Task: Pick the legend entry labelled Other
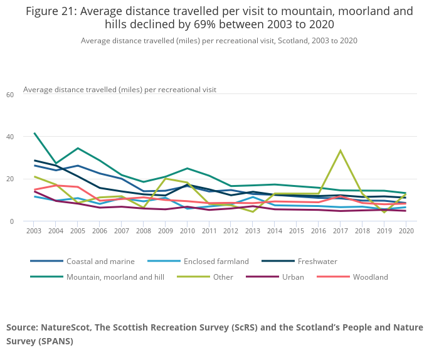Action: coord(223,277)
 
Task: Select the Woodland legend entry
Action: coord(369,277)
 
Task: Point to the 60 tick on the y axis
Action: coord(9,95)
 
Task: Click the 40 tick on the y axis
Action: coord(9,136)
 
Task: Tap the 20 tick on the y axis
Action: coord(9,179)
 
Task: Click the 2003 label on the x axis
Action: coord(34,231)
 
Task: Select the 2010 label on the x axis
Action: coord(188,231)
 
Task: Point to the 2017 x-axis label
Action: coord(341,231)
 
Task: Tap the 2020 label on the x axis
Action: coord(406,231)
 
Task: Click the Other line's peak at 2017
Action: coord(341,151)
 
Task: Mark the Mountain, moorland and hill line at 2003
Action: coord(34,133)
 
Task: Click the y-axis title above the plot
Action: coord(119,90)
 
